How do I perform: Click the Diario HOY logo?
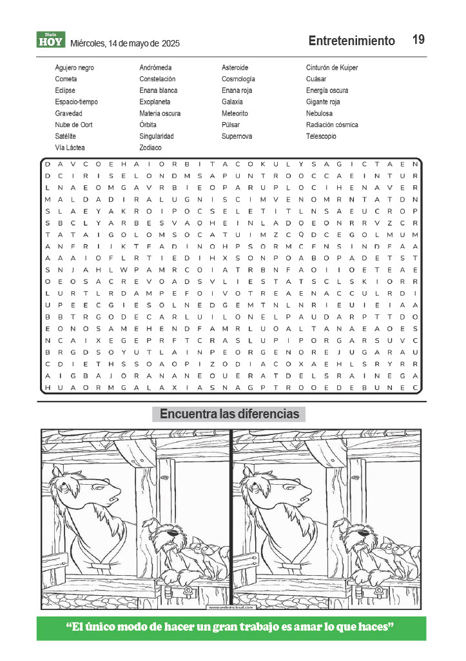[50, 40]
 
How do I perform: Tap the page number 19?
[418, 40]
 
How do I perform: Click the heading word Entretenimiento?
[351, 41]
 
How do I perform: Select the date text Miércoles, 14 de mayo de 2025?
[125, 43]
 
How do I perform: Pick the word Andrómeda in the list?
[155, 68]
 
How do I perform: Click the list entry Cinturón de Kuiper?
[332, 68]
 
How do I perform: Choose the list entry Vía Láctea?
[70, 148]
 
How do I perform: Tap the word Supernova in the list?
[237, 136]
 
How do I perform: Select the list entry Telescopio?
[322, 136]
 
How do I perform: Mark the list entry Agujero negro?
[74, 68]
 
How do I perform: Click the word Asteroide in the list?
[235, 68]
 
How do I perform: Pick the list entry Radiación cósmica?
[332, 125]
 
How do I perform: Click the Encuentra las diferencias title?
[229, 414]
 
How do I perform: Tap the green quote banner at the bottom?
[231, 628]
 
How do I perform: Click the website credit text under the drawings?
[231, 607]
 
